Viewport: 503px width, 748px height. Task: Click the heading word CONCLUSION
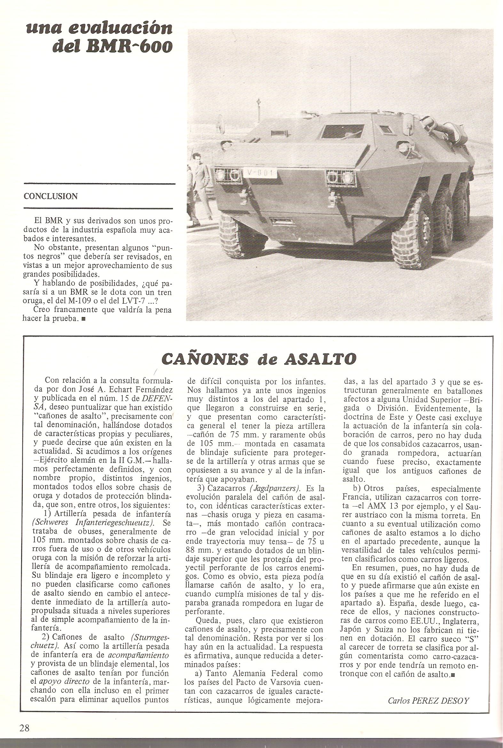tap(51, 196)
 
